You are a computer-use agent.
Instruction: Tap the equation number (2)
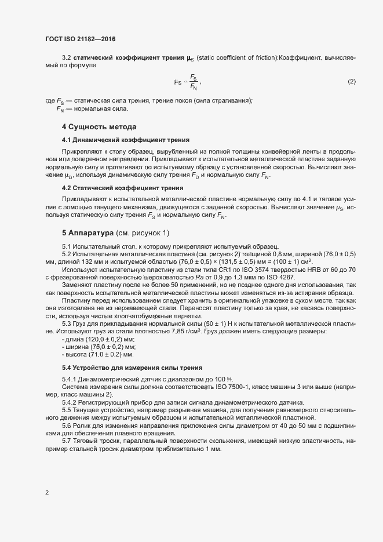pyautogui.click(x=351, y=81)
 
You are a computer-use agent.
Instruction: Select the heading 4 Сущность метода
pyautogui.click(x=99, y=126)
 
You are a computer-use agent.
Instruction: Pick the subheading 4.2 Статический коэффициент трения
pyautogui.click(x=118, y=188)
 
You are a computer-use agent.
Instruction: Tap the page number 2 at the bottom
pyautogui.click(x=47, y=493)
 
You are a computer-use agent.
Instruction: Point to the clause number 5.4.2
pyautogui.click(x=70, y=402)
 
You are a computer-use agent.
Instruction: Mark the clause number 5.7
pyautogui.click(x=67, y=442)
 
